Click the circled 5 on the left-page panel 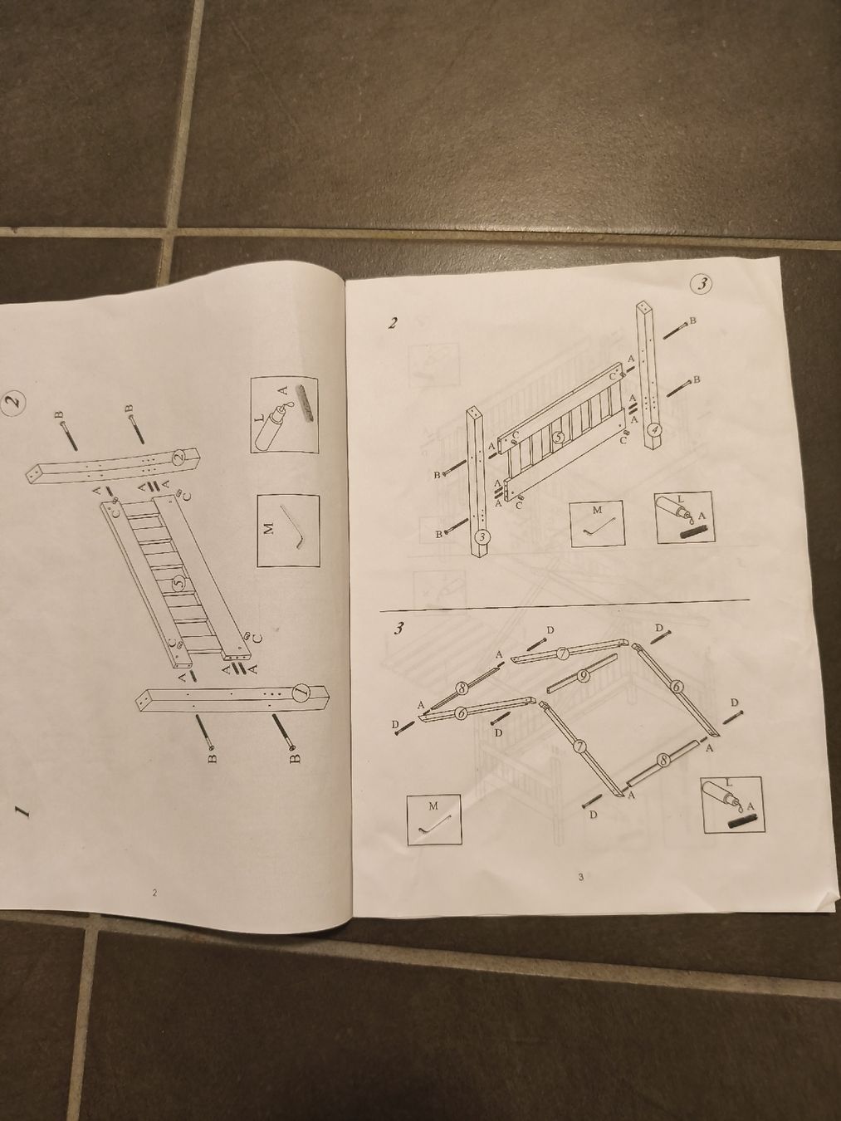[178, 584]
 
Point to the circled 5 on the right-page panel [559, 438]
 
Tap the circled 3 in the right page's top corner [703, 285]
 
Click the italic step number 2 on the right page [392, 323]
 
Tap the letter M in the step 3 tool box [433, 805]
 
